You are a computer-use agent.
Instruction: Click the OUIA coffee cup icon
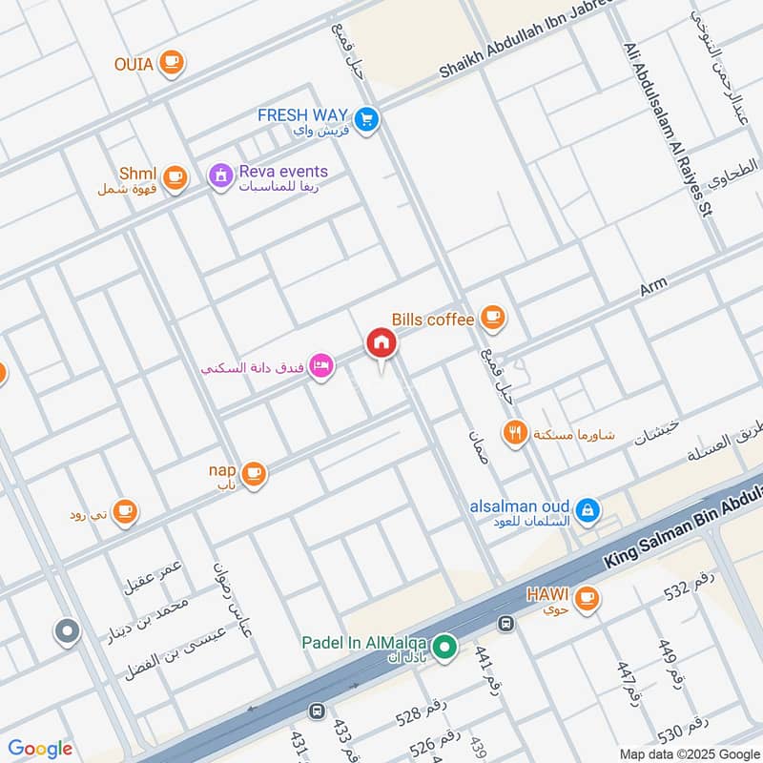171,63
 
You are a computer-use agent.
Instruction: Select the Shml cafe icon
174,176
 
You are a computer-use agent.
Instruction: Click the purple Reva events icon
220,176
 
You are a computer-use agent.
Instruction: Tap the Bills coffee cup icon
492,317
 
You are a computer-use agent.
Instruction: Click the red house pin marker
381,344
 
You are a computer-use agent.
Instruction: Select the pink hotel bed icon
321,367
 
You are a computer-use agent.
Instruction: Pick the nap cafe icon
253,473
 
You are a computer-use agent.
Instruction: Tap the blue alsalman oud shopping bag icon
588,510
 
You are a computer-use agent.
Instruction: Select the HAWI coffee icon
588,598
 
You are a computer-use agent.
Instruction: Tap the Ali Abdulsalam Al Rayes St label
668,129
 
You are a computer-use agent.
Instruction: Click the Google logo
40,749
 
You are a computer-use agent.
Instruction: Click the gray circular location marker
67,630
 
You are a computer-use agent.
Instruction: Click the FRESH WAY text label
302,115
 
